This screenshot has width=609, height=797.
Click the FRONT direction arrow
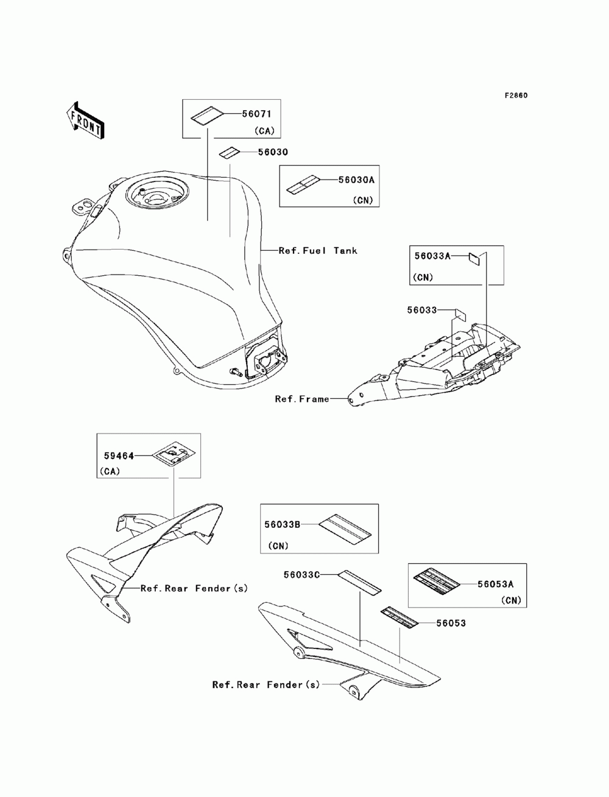pyautogui.click(x=85, y=120)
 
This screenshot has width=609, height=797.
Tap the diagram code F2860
pyautogui.click(x=516, y=96)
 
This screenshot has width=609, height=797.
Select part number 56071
pyautogui.click(x=256, y=114)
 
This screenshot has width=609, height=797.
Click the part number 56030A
pyautogui.click(x=356, y=180)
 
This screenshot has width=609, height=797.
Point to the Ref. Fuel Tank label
pyautogui.click(x=318, y=250)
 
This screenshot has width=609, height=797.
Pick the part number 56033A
pyautogui.click(x=432, y=256)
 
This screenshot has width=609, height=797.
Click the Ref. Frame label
pyautogui.click(x=302, y=399)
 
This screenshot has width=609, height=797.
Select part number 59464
pyautogui.click(x=119, y=455)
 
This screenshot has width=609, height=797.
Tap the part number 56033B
pyautogui.click(x=282, y=525)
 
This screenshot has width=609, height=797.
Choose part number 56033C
pyautogui.click(x=301, y=575)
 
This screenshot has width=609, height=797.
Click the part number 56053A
pyautogui.click(x=495, y=585)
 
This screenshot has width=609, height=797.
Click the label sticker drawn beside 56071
pyautogui.click(x=207, y=116)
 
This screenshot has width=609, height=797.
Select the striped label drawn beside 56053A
pyautogui.click(x=437, y=581)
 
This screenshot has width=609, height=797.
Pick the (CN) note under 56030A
pyautogui.click(x=363, y=200)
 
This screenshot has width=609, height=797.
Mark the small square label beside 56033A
pyautogui.click(x=474, y=259)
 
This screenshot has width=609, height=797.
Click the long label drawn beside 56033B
pyautogui.click(x=345, y=530)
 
